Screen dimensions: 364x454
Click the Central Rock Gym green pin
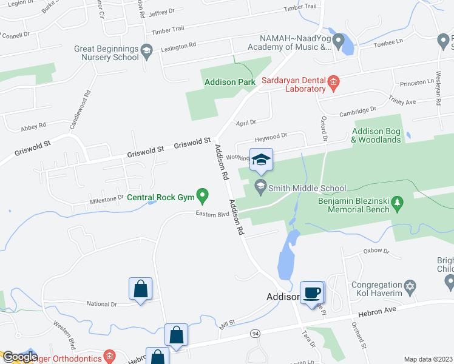(204, 197)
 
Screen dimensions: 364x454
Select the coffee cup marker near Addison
(313, 292)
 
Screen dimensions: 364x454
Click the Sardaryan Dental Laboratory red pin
(333, 82)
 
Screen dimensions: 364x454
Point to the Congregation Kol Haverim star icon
(411, 285)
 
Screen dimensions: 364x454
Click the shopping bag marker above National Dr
(140, 290)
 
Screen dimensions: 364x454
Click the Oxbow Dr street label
(374, 250)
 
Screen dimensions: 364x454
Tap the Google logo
(19, 357)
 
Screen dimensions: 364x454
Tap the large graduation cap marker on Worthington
(262, 161)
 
